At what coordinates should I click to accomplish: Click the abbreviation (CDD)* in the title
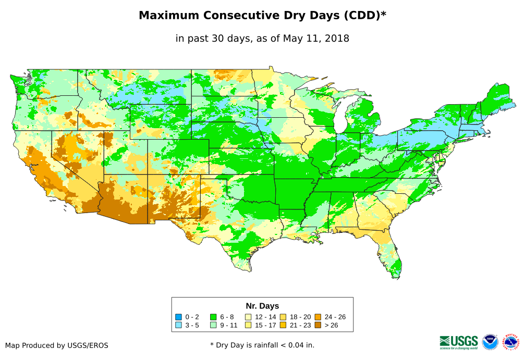tap(364, 15)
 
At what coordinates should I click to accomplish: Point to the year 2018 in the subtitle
tap(337, 38)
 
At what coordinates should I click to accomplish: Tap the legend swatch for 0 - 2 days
tap(178, 317)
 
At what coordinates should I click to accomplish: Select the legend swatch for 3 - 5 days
tap(178, 325)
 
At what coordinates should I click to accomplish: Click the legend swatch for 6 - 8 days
tap(213, 317)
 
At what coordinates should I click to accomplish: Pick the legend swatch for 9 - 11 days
tap(213, 325)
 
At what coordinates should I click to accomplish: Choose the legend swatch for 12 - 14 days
tap(248, 317)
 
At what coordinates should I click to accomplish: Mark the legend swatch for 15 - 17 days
tap(248, 325)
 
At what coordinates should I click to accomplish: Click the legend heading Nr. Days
tap(262, 306)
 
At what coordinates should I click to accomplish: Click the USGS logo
tap(459, 341)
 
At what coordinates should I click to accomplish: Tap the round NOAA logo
tap(490, 342)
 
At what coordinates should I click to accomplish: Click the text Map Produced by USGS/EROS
tap(57, 345)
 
